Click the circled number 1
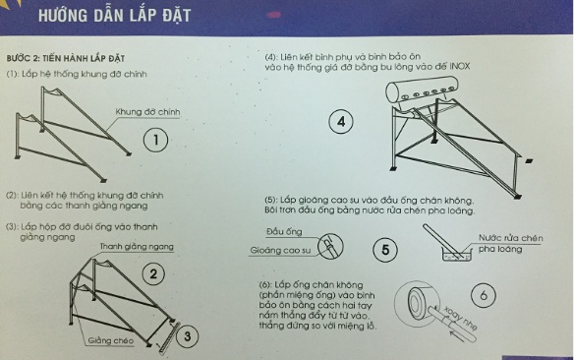pyautogui.click(x=157, y=141)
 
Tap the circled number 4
pyautogui.click(x=340, y=122)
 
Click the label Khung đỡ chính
pyautogui.click(x=147, y=111)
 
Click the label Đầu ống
pyautogui.click(x=282, y=231)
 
